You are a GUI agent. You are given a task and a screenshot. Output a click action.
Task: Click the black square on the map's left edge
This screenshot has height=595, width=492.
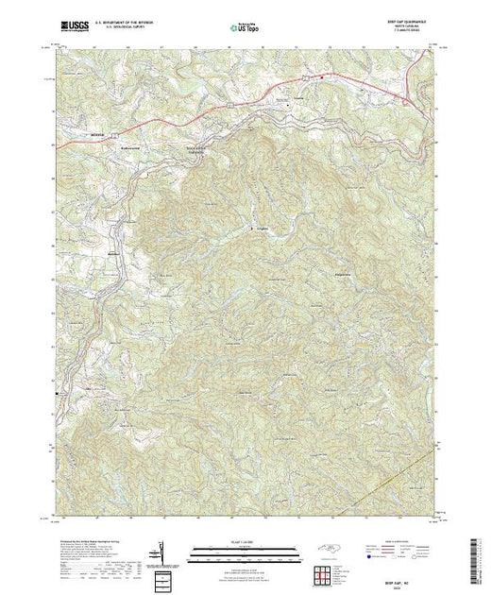[57, 392]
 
